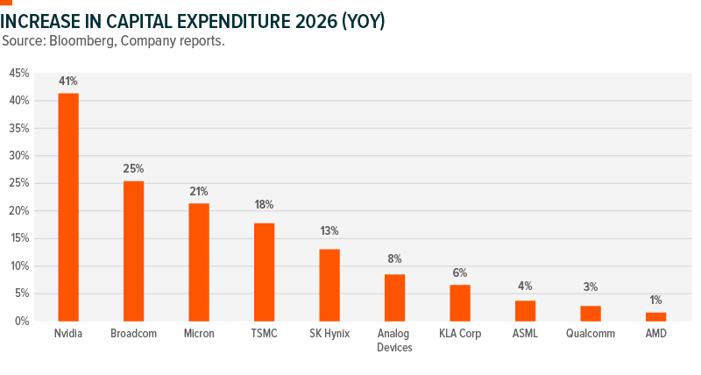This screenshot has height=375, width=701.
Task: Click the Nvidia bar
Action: [x=68, y=207]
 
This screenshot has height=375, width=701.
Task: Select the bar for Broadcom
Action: [x=133, y=251]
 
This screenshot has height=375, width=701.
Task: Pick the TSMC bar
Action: [x=264, y=272]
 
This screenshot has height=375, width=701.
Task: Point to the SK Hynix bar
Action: [x=329, y=285]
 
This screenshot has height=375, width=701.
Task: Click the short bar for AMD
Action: [x=656, y=316]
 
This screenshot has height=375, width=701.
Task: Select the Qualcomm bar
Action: [x=591, y=313]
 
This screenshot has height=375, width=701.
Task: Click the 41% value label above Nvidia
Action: [x=68, y=81]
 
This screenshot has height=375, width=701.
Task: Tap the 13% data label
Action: [x=329, y=231]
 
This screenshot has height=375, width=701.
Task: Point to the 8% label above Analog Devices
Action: [x=394, y=258]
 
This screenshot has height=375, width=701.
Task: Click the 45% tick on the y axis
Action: [x=19, y=74]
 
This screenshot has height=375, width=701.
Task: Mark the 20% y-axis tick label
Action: [x=19, y=211]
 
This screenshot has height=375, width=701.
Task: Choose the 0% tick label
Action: [x=23, y=322]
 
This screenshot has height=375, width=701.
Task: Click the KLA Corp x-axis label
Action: [x=460, y=334]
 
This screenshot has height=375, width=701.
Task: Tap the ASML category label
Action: [x=525, y=334]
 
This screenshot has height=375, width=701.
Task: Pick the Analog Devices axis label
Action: [x=394, y=340]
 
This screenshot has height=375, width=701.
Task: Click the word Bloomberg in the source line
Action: [x=73, y=41]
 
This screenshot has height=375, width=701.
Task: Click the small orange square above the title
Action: [x=6, y=3]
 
